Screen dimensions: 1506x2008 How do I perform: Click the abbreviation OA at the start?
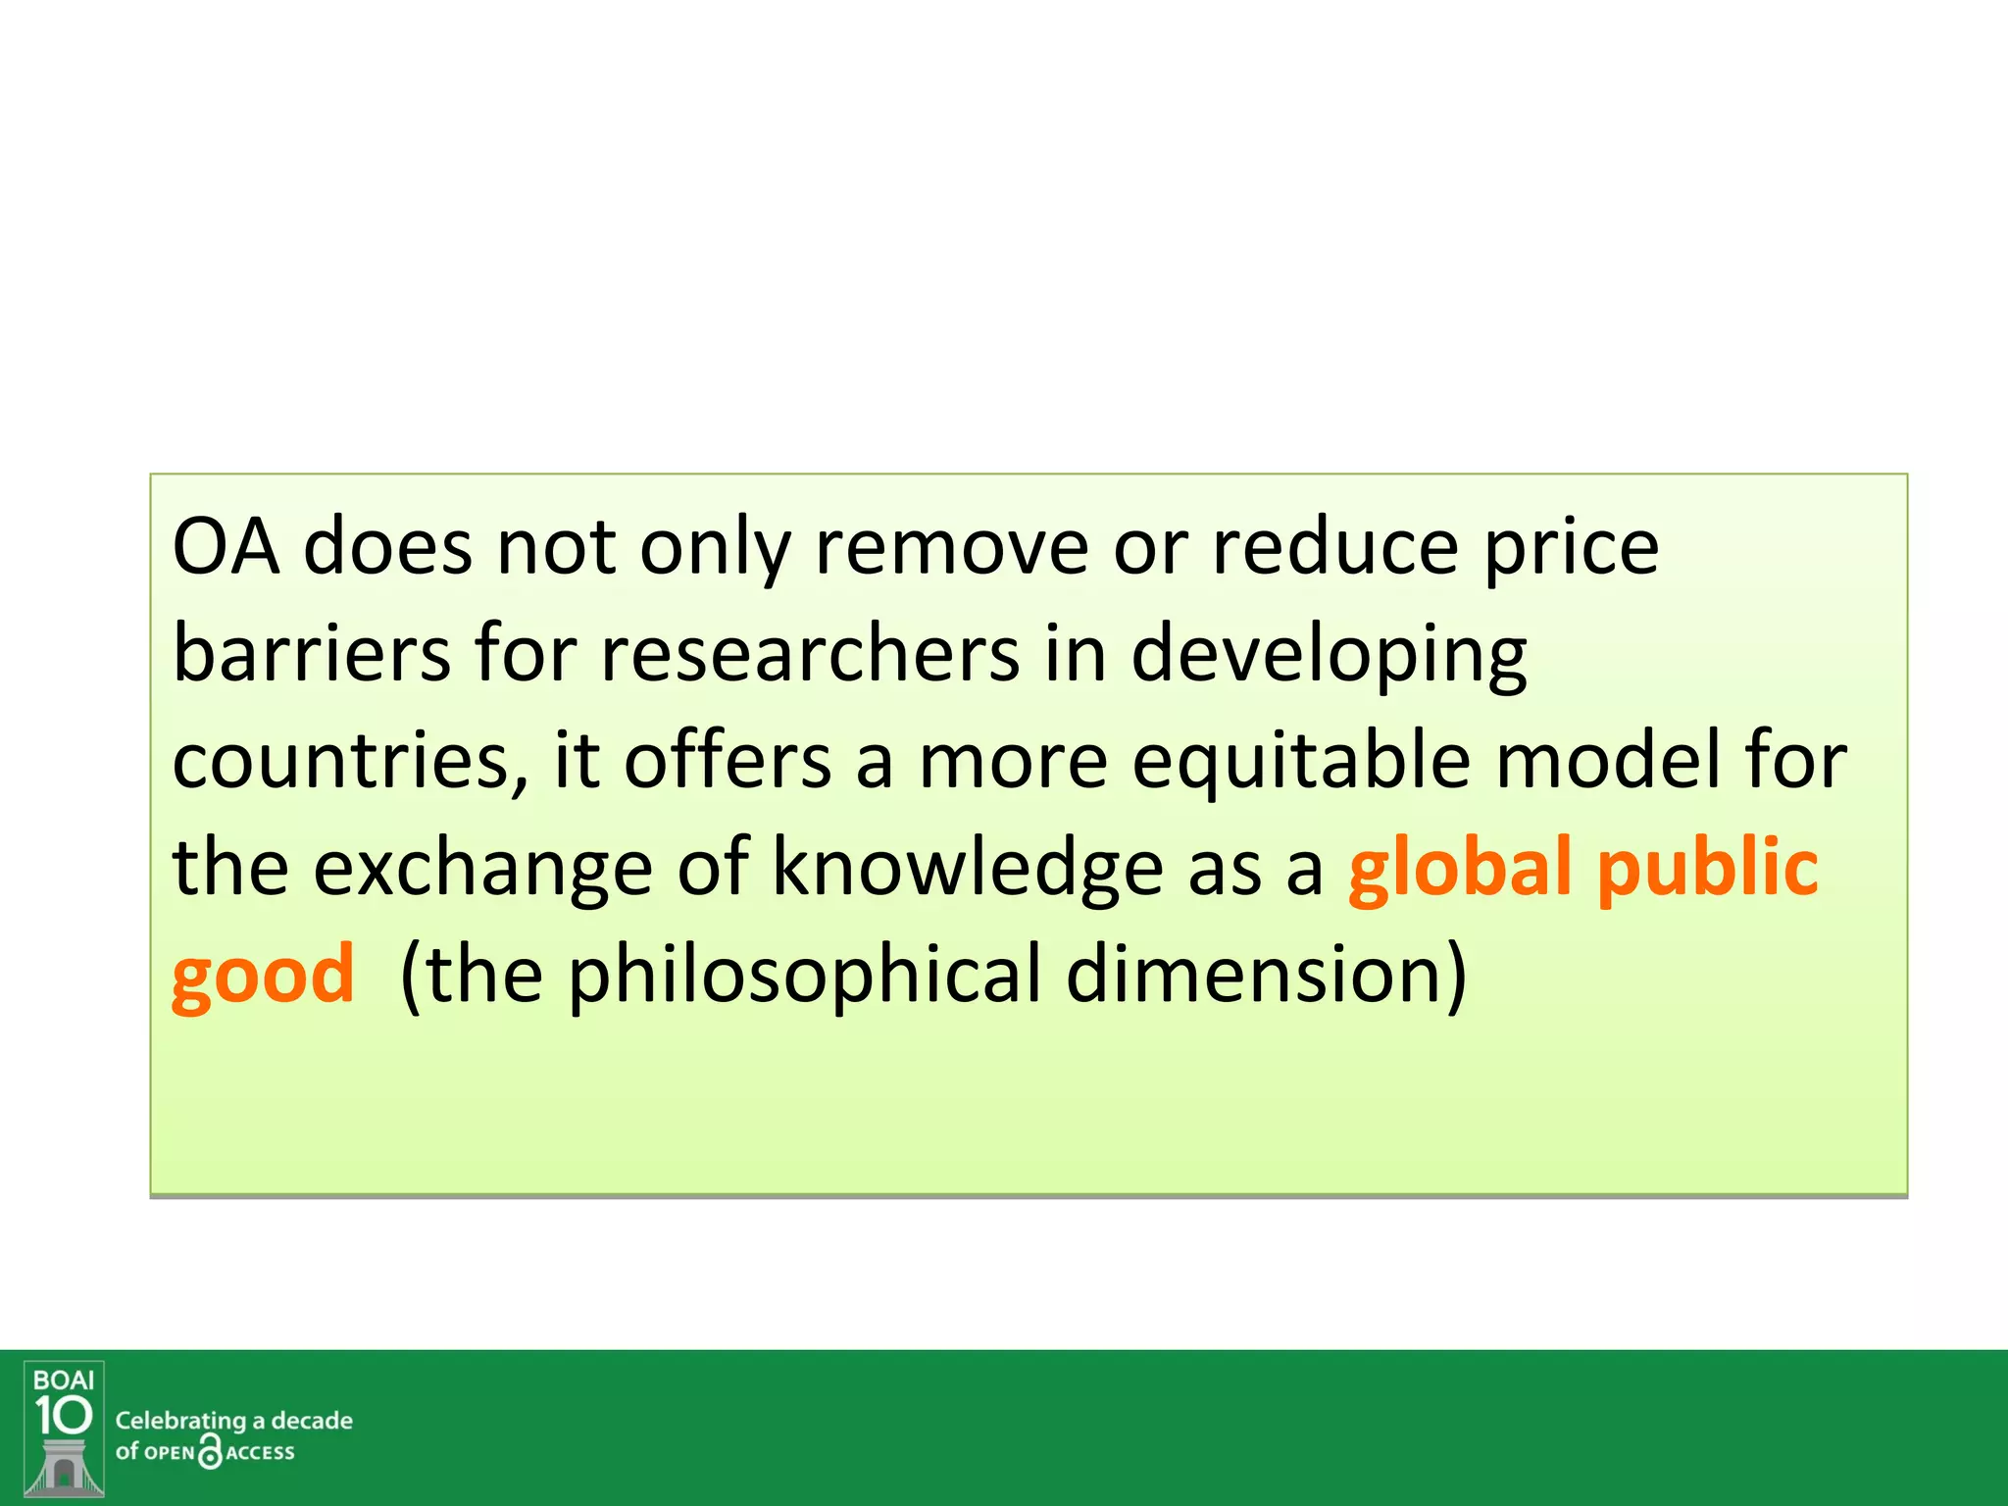click(225, 547)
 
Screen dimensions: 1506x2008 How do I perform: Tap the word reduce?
click(1335, 547)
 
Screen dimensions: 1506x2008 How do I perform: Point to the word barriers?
click(311, 654)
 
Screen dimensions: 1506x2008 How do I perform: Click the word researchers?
click(809, 654)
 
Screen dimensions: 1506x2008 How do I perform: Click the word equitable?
click(1301, 763)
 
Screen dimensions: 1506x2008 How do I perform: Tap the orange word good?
click(263, 977)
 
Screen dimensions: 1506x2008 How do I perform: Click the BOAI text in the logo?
click(64, 1380)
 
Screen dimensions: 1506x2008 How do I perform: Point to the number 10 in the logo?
click(64, 1415)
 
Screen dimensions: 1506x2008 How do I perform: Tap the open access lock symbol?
click(210, 1451)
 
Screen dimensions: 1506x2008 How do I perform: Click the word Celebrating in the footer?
click(180, 1421)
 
